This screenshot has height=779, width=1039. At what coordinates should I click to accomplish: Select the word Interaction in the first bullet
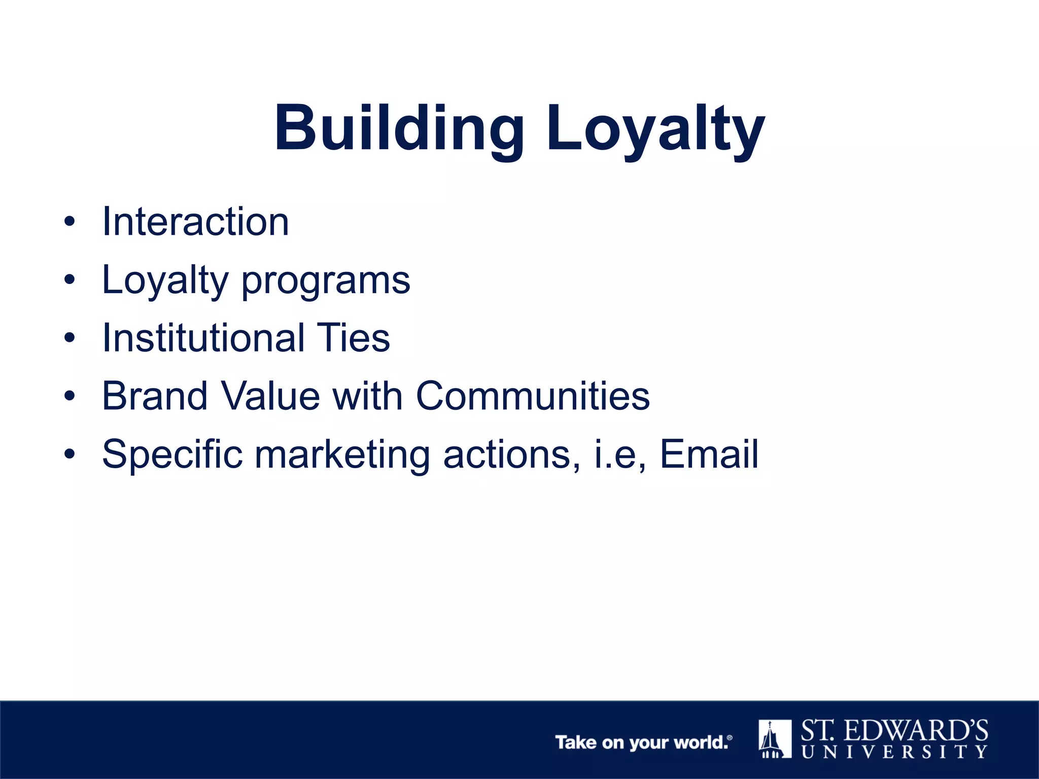pos(195,222)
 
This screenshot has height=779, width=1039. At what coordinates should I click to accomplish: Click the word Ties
pos(353,338)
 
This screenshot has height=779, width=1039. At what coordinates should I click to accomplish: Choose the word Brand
pos(155,396)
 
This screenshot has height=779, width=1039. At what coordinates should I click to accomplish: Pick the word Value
pos(270,396)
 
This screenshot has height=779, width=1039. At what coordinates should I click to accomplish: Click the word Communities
pos(533,396)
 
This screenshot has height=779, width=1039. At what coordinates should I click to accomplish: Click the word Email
pos(709,454)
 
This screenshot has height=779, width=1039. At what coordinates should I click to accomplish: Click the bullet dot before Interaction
pos(70,222)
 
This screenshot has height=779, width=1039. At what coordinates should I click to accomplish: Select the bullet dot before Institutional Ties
pos(70,338)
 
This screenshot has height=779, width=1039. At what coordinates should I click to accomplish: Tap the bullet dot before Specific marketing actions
pos(70,454)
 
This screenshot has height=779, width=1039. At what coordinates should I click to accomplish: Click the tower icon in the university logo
pos(775,739)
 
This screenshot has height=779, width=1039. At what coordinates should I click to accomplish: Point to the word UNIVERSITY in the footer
pos(894,752)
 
